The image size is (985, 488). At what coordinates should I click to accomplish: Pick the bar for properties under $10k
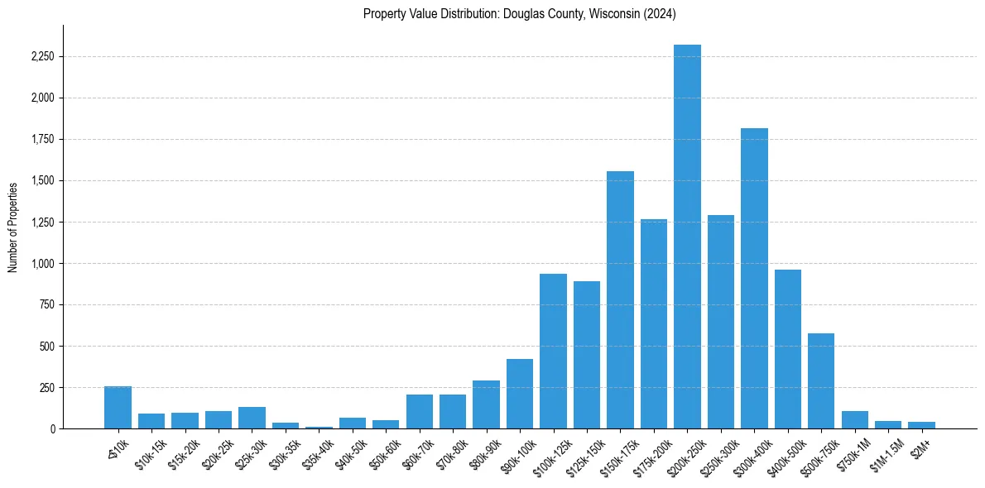pyautogui.click(x=118, y=408)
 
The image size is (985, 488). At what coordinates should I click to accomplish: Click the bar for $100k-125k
pyautogui.click(x=553, y=352)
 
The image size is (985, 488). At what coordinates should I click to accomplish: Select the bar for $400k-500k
pyautogui.click(x=787, y=349)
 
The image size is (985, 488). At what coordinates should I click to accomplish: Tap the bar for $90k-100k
pyautogui.click(x=520, y=394)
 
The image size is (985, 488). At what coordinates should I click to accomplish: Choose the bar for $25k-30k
pyautogui.click(x=252, y=418)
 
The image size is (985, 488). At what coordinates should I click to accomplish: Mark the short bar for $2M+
pyautogui.click(x=921, y=425)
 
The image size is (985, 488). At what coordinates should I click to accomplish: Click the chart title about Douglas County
pyautogui.click(x=520, y=13)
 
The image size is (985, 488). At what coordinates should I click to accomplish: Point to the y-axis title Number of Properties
pyautogui.click(x=13, y=227)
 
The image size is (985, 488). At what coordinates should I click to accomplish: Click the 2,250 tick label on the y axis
pyautogui.click(x=44, y=57)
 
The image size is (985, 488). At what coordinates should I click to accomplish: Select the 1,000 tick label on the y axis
pyautogui.click(x=44, y=264)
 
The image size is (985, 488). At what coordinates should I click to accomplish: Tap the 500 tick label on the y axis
pyautogui.click(x=48, y=347)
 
